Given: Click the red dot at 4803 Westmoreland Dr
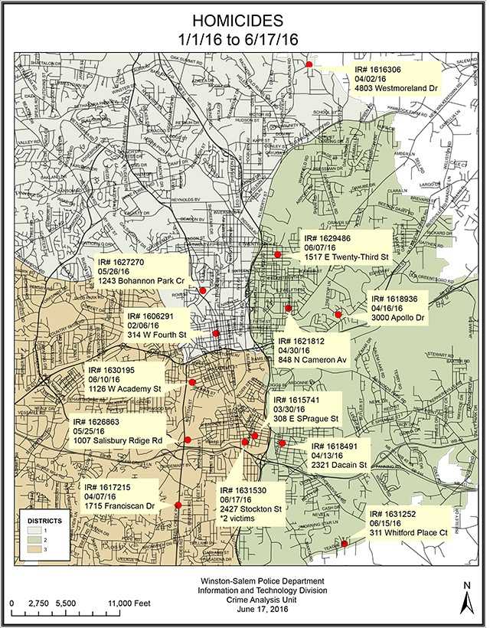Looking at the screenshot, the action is pos(309,64).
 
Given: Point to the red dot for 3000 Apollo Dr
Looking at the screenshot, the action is pos(338,314).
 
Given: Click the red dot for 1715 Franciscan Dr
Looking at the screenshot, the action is pos(178,505).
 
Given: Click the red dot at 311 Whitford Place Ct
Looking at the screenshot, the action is pos(345,544).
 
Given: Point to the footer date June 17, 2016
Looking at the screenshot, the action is pos(246,610).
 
